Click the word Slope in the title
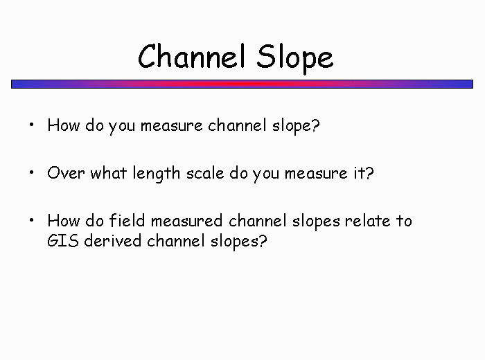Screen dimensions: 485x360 (x=294, y=58)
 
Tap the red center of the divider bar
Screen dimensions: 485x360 (x=242, y=84)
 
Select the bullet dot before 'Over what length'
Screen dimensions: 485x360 (x=32, y=172)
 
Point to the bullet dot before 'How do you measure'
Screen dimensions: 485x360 (x=32, y=125)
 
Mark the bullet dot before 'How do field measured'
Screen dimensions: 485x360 (x=32, y=220)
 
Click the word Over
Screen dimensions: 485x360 (x=66, y=173)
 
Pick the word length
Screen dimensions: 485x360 (x=156, y=174)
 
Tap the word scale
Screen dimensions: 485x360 (x=205, y=173)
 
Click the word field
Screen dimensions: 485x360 (x=127, y=221)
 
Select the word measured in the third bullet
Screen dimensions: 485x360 (x=187, y=221)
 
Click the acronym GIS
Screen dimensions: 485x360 (x=63, y=241)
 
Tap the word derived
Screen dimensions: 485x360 (x=112, y=240)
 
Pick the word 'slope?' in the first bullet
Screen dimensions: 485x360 (x=296, y=126)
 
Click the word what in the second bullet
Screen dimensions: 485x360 (x=109, y=173)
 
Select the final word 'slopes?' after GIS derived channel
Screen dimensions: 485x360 (x=238, y=242)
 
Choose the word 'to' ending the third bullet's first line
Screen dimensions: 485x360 (x=404, y=221)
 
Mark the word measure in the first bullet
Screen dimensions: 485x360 (x=172, y=126)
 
